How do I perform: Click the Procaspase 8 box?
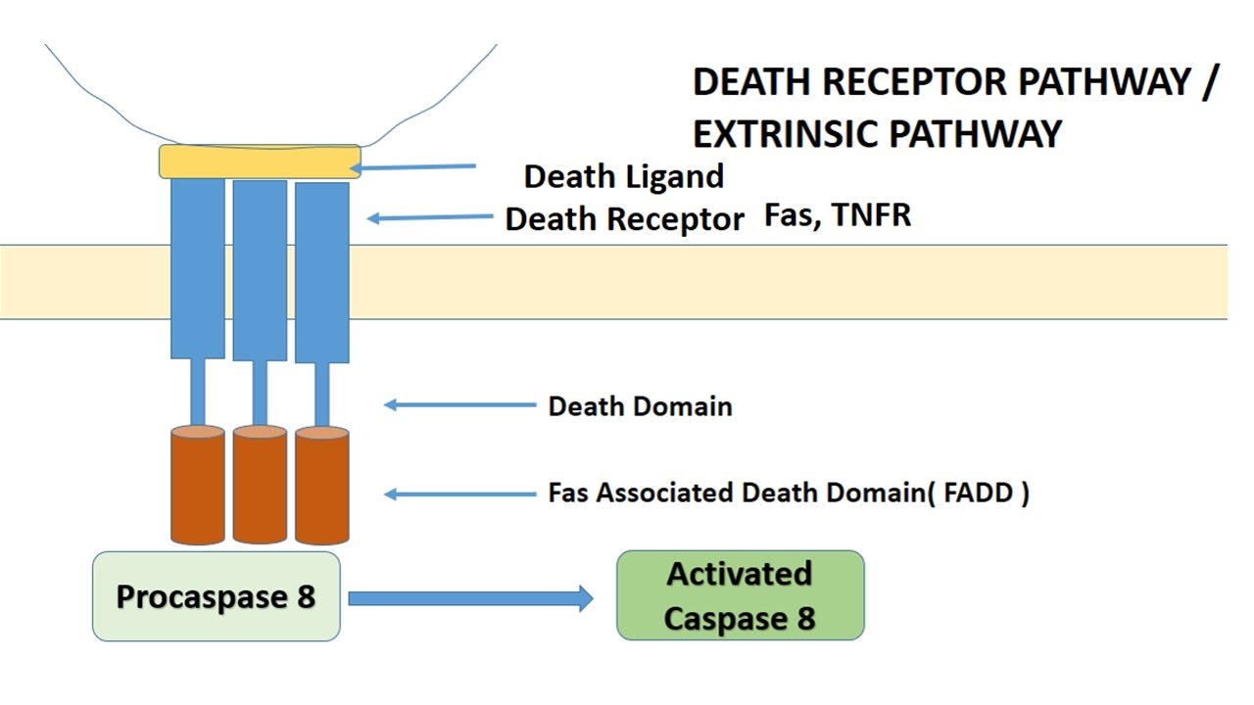coord(216,596)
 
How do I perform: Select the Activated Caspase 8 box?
coord(740,595)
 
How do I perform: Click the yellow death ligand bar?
coord(260,162)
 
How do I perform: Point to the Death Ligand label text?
coord(624,176)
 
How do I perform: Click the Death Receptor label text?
coord(624,219)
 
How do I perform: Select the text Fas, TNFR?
coord(838,215)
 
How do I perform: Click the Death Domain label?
coord(640,405)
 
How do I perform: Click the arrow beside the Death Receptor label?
coord(430,217)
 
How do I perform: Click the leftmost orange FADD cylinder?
coord(197,485)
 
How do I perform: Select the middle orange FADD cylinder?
coord(260,485)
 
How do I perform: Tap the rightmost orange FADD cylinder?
coord(322,485)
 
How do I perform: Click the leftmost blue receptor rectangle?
coord(198,269)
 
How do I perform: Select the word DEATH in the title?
coord(751,83)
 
